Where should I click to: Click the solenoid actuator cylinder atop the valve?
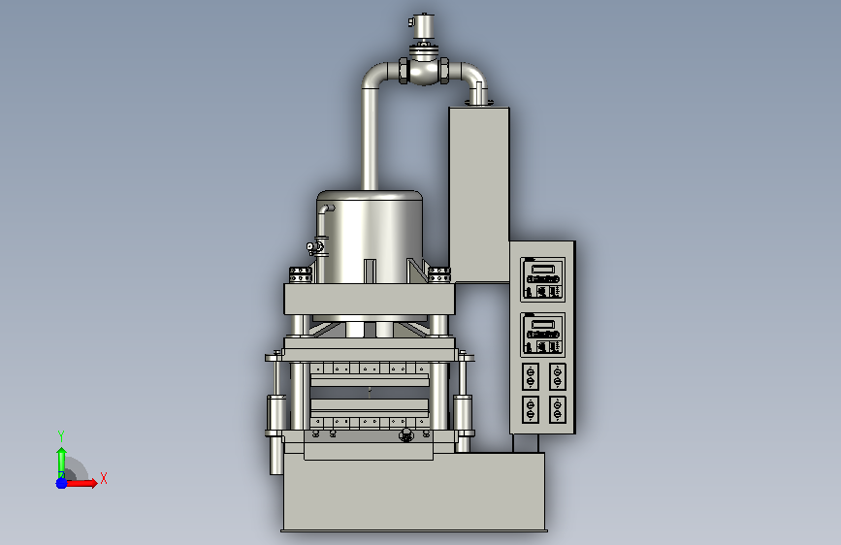(x=424, y=27)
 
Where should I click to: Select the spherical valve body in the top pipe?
(x=424, y=72)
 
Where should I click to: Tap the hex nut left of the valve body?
(x=404, y=71)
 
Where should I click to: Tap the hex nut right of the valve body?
(x=444, y=71)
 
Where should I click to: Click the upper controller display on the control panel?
(x=542, y=279)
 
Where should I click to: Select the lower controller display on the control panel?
(x=542, y=335)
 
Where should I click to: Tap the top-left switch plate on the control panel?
(x=531, y=376)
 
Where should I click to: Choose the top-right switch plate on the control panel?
(x=557, y=376)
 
